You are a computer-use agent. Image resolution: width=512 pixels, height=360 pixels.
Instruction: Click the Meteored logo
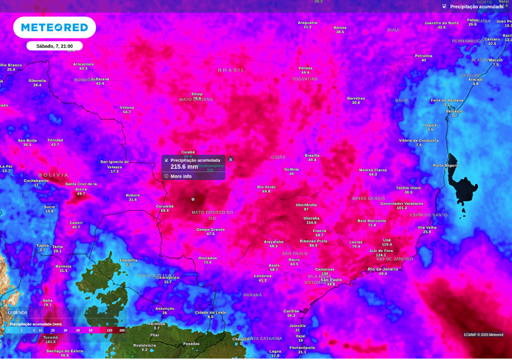coord(54,27)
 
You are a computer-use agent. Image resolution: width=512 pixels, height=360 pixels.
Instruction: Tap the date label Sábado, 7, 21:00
coord(54,46)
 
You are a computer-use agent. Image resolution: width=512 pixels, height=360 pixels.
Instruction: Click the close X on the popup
coord(230,159)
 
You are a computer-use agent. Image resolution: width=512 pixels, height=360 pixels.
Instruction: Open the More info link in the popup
coord(180,176)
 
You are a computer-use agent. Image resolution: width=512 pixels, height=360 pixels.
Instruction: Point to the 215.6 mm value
coord(184,167)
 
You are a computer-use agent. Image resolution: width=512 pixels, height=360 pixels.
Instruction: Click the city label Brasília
coord(312,155)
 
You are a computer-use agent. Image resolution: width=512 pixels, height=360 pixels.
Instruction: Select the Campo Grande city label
coord(210,229)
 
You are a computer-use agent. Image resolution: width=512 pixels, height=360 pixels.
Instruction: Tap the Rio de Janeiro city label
coord(383,269)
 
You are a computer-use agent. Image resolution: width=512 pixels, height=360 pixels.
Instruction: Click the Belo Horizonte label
coord(371,220)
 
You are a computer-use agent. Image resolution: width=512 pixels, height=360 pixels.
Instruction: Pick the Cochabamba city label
coord(36,180)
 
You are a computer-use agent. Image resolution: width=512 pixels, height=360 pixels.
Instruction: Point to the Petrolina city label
coord(423,56)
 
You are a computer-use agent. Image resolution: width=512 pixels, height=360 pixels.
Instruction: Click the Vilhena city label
coord(127,107)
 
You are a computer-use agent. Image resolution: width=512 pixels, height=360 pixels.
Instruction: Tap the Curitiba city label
coord(291,311)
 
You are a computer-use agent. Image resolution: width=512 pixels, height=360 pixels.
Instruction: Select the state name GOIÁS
coord(278,157)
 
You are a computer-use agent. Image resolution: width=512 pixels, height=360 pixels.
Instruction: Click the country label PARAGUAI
coord(157,275)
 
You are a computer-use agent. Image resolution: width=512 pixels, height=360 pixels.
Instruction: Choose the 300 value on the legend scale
coord(122,330)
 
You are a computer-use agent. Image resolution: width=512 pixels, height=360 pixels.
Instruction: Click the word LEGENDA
coord(18,312)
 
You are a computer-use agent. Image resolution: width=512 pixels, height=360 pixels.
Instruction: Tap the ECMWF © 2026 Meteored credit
coord(483,334)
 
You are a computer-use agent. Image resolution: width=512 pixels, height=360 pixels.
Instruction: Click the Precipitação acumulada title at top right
coord(476,6)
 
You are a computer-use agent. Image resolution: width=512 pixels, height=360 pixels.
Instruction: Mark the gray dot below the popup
coord(193,199)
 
